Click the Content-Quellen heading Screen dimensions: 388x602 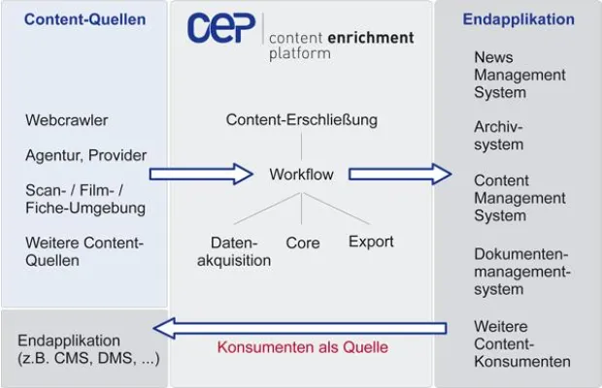pyautogui.click(x=84, y=19)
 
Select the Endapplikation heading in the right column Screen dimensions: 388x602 pyautogui.click(x=518, y=19)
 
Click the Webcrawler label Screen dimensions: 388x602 pyautogui.click(x=67, y=120)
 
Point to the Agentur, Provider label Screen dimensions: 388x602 pyautogui.click(x=86, y=155)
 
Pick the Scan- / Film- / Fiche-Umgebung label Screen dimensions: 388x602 pyautogui.click(x=85, y=199)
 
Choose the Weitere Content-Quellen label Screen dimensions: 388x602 pyautogui.click(x=84, y=251)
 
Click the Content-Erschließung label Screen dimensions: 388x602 pyautogui.click(x=301, y=120)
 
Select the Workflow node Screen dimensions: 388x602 pyautogui.click(x=301, y=175)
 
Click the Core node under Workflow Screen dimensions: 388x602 pyautogui.click(x=302, y=242)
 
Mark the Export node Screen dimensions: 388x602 pyautogui.click(x=371, y=242)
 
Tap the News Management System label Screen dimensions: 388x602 pyautogui.click(x=519, y=76)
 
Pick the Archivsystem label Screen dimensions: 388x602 pyautogui.click(x=499, y=136)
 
